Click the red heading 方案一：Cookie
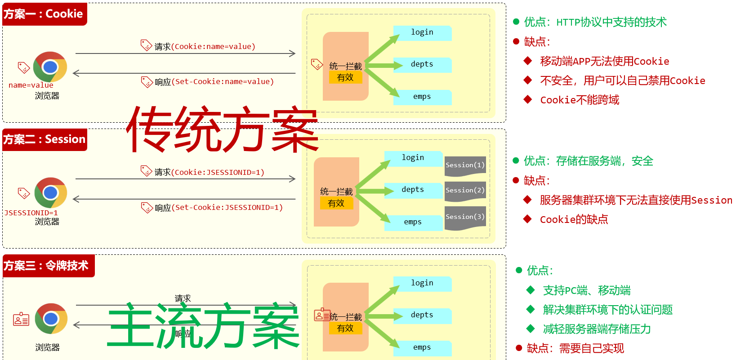(x=45, y=14)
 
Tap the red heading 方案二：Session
(x=45, y=139)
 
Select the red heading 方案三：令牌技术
(x=49, y=266)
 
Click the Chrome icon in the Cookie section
(x=50, y=67)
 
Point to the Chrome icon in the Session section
(x=51, y=193)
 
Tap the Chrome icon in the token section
(x=51, y=319)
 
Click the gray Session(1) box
(x=465, y=166)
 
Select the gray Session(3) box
(x=465, y=218)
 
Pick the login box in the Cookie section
(x=423, y=33)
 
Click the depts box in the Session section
(x=413, y=190)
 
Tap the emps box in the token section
(x=423, y=348)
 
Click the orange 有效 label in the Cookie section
(x=345, y=78)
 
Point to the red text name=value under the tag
(x=31, y=85)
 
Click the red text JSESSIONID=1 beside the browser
(x=31, y=213)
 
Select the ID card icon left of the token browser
(x=21, y=319)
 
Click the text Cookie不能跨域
(x=580, y=100)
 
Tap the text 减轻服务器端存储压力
(x=597, y=329)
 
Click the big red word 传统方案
(x=223, y=129)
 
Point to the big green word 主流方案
(x=203, y=325)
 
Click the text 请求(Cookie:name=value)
(x=205, y=46)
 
